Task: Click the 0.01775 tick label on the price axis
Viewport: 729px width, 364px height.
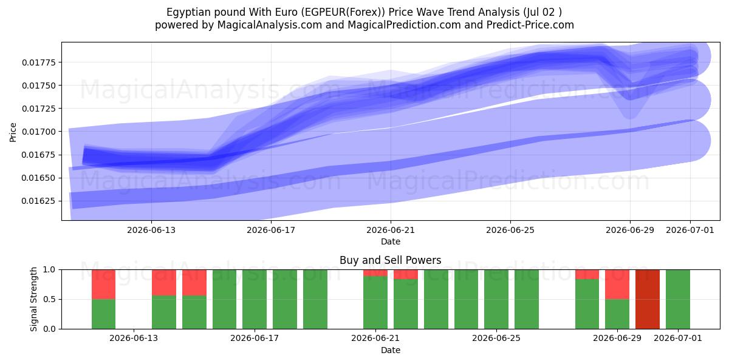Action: point(39,62)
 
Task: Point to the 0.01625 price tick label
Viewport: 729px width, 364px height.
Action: point(39,201)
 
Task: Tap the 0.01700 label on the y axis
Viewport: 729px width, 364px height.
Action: point(39,132)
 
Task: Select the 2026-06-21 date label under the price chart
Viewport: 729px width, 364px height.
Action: point(391,230)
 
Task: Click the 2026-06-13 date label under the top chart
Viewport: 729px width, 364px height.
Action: point(151,230)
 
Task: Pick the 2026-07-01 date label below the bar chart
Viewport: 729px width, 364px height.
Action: point(678,339)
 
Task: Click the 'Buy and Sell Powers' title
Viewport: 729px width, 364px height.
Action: point(391,260)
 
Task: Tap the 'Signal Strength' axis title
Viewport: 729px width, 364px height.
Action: point(33,299)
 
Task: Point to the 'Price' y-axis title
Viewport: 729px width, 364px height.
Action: point(13,132)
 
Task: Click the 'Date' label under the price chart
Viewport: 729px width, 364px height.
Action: point(391,241)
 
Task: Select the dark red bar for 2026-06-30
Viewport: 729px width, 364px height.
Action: point(648,299)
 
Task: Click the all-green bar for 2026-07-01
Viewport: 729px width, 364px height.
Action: point(678,299)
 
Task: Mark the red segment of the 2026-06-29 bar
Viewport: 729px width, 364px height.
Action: point(617,285)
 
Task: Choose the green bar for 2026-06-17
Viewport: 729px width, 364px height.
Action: point(255,299)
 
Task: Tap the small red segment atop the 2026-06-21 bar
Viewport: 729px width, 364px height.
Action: point(375,272)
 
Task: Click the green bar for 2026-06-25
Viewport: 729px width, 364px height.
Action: point(496,299)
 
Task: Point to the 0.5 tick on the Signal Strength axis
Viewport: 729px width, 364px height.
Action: point(49,299)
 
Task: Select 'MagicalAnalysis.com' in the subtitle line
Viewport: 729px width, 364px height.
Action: point(270,25)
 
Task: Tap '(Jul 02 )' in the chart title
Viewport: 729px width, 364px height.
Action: point(542,12)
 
